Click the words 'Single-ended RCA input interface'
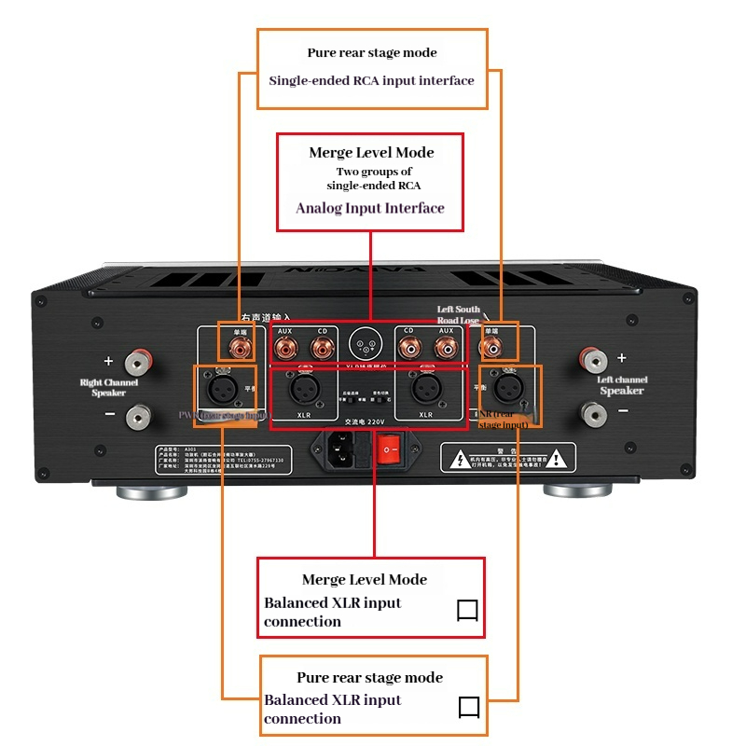371,80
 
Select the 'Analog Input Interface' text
370,208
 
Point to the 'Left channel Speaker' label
621,385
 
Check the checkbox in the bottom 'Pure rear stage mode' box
468,708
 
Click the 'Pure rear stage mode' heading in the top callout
372,53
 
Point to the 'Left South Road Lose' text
459,314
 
